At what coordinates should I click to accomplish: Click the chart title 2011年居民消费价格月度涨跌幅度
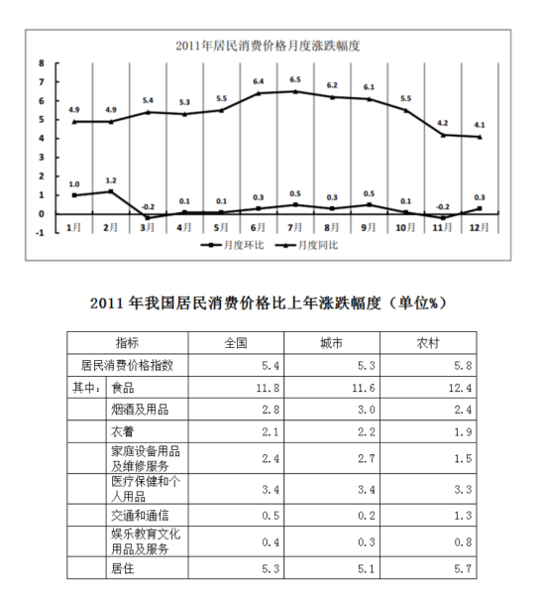[268, 46]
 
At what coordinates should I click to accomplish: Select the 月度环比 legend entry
[233, 245]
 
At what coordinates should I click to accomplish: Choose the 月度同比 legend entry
[306, 245]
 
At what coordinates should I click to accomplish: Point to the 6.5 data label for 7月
[295, 79]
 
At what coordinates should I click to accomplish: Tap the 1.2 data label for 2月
[111, 180]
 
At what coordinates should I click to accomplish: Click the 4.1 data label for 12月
[480, 125]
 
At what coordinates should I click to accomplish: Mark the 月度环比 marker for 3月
[148, 218]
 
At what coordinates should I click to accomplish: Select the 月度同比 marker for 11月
[443, 135]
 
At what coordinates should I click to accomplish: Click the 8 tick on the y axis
[42, 63]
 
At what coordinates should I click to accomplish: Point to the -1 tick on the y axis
[40, 233]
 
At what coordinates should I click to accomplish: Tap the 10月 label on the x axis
[405, 227]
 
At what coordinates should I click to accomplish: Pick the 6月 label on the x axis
[258, 227]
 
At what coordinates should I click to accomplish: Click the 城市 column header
[332, 343]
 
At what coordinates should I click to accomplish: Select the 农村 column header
[428, 343]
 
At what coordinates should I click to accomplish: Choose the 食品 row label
[123, 388]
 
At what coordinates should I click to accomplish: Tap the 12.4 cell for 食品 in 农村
[460, 388]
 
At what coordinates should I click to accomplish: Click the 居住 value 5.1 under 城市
[367, 568]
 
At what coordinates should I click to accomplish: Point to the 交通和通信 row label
[140, 516]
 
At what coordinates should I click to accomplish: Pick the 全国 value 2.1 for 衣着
[271, 431]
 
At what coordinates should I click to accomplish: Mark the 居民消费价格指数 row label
[127, 365]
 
